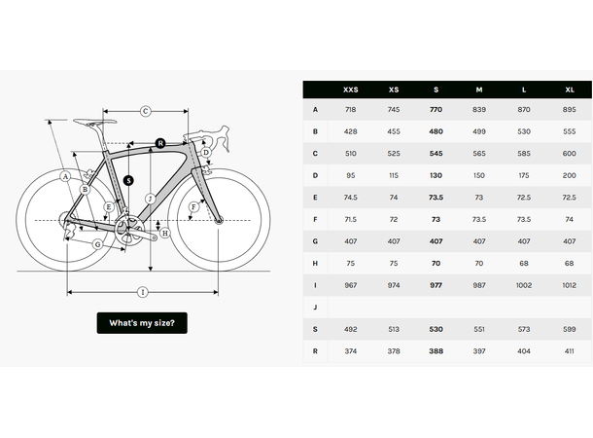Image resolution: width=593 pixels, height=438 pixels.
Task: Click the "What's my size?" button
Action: (x=142, y=323)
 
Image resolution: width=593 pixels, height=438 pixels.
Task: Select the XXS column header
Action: (x=351, y=90)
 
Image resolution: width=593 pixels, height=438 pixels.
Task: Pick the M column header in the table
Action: (x=479, y=90)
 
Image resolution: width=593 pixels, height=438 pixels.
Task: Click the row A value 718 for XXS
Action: (x=351, y=110)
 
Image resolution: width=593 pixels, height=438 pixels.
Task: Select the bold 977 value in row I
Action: (x=436, y=284)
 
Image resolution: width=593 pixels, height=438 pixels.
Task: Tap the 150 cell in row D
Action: (x=479, y=175)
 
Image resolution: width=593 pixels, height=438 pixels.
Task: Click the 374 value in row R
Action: (x=351, y=349)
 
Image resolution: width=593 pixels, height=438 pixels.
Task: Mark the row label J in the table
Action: (x=315, y=307)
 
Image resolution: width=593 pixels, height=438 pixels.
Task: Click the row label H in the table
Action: (x=315, y=263)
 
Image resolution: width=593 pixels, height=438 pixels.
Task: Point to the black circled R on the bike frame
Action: (x=160, y=144)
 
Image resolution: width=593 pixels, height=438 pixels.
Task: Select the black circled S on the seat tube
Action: (x=129, y=180)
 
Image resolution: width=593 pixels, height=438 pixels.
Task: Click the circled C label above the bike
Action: (x=145, y=111)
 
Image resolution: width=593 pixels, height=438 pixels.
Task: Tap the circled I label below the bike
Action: (x=142, y=292)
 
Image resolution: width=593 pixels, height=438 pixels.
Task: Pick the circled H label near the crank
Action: (x=165, y=234)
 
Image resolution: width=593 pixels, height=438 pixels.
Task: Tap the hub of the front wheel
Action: (x=219, y=221)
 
